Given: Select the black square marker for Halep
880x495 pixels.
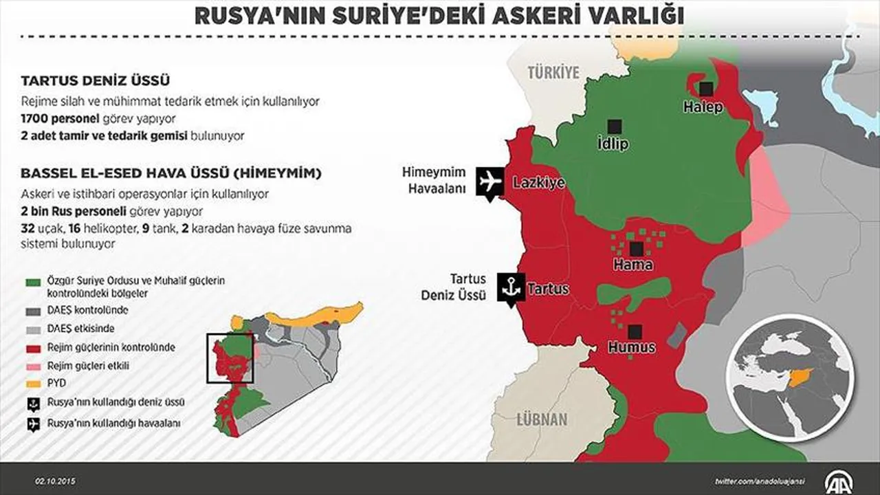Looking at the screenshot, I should click(705, 89).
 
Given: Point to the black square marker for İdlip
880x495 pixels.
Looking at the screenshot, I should click(614, 126).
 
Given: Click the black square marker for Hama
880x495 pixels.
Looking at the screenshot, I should click(636, 248).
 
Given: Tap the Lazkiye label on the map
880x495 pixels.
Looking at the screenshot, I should click(539, 183).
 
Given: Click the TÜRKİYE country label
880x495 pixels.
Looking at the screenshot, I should click(553, 72).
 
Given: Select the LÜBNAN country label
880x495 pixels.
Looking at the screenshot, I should click(542, 420).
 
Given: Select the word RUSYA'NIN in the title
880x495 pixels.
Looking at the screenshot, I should click(254, 15).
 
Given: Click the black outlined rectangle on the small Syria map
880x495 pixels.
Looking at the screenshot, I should click(231, 358).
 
